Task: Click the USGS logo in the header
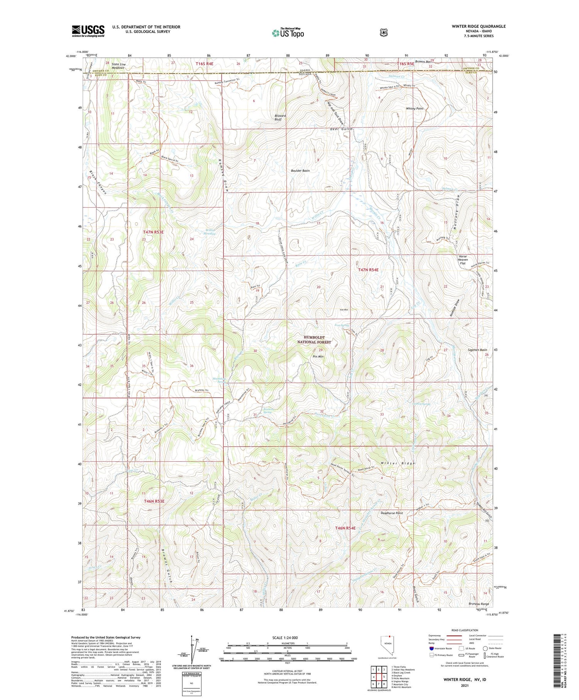pyautogui.click(x=88, y=31)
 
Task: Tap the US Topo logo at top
pyautogui.click(x=288, y=33)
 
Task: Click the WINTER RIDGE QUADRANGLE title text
pyautogui.click(x=478, y=26)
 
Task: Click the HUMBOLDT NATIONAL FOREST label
pyautogui.click(x=314, y=340)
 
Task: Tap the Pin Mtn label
pyautogui.click(x=318, y=356)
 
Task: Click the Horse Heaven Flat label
pyautogui.click(x=462, y=260)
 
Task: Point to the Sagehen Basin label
pyautogui.click(x=477, y=350)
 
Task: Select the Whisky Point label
pyautogui.click(x=415, y=108)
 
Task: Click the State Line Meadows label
pyautogui.click(x=118, y=66)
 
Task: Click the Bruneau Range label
pyautogui.click(x=479, y=604)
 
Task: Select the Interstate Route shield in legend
pyautogui.click(x=431, y=648)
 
